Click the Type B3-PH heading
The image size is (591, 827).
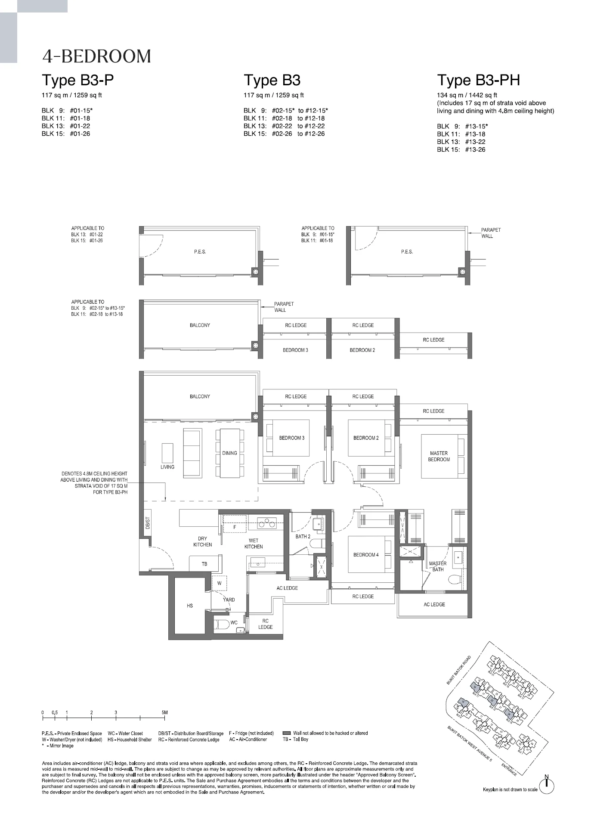(x=478, y=81)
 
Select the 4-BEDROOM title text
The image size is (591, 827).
(x=96, y=56)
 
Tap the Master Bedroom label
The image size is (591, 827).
(x=439, y=456)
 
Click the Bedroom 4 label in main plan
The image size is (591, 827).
(x=366, y=555)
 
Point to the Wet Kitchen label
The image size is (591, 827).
(x=254, y=544)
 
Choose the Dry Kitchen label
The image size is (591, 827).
(x=202, y=541)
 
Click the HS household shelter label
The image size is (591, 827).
(x=190, y=606)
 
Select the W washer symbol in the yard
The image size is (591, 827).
(x=220, y=583)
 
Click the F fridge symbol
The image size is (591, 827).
(x=235, y=527)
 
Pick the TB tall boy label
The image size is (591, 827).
(x=204, y=564)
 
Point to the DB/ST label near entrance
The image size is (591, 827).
(x=147, y=523)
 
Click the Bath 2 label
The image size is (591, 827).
(x=303, y=536)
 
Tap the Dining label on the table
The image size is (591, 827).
(x=229, y=453)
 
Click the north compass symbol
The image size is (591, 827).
(x=547, y=787)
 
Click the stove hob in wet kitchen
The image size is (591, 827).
(x=266, y=524)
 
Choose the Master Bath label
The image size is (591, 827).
(x=438, y=566)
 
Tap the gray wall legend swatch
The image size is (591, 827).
(x=287, y=733)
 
